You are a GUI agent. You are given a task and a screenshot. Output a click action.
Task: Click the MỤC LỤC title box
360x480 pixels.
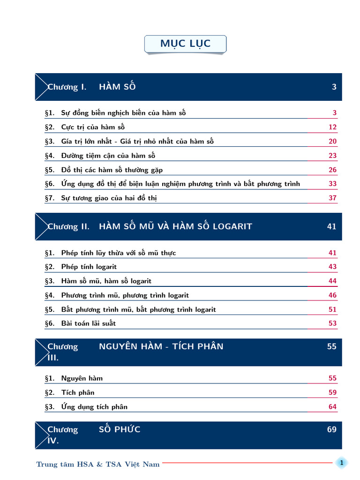point(186,44)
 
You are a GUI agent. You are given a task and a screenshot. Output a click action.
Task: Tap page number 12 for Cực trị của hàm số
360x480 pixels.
point(332,127)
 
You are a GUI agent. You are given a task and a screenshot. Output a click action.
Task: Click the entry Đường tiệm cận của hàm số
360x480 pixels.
point(108,156)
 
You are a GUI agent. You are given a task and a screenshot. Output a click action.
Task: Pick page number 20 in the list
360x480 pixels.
point(332,142)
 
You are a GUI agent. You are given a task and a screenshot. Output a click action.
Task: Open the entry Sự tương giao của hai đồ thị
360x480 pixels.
point(109,198)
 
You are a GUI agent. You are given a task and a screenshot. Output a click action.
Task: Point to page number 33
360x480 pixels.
point(332,184)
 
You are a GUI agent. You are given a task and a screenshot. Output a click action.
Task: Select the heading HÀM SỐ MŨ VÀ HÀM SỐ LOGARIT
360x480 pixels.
point(175,226)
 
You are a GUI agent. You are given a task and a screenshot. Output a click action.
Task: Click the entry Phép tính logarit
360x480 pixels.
point(89,267)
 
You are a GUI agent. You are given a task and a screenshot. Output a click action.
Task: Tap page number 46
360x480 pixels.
point(332,295)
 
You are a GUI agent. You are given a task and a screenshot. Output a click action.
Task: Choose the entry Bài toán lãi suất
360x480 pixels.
point(88,323)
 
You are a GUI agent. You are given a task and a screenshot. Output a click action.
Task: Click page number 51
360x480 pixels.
point(332,309)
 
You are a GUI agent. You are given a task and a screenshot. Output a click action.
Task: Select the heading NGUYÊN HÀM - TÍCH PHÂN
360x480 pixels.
point(161,347)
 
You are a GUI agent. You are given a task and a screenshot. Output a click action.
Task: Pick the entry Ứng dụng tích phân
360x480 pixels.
point(94,407)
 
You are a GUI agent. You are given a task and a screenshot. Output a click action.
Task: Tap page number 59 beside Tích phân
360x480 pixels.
point(332,392)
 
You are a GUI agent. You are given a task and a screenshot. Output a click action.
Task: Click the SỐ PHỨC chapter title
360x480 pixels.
point(120,429)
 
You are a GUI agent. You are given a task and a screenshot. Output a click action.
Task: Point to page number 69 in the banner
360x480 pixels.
point(332,429)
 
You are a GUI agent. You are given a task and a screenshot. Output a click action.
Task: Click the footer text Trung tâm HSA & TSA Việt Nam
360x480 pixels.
point(98,464)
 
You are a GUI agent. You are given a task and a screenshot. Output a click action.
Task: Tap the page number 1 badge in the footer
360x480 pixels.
point(342,463)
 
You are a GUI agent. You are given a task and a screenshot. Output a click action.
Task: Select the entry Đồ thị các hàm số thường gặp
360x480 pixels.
point(112,170)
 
